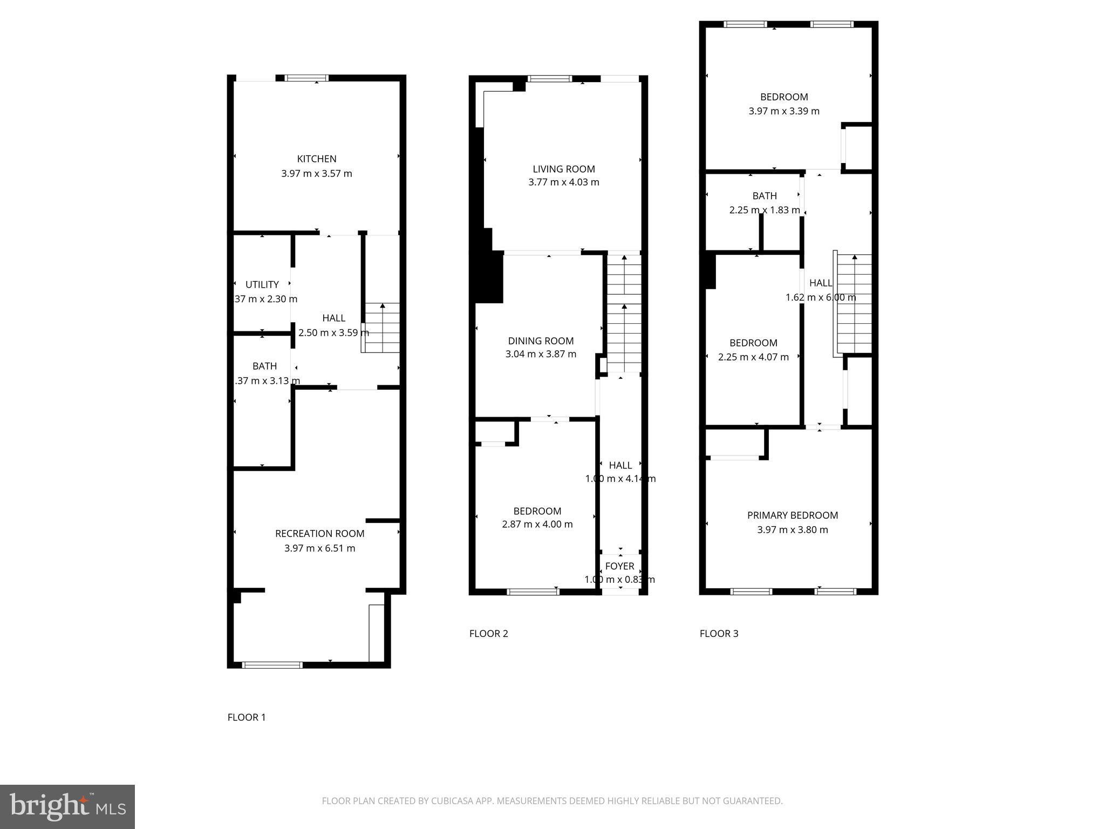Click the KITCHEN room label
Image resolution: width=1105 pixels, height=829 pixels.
pos(317,159)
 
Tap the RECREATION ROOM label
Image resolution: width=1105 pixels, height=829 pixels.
pos(319,533)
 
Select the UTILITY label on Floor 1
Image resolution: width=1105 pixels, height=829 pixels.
pos(262,284)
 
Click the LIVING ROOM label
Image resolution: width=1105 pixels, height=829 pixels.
pos(564,169)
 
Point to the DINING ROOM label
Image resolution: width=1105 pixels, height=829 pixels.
pos(541,341)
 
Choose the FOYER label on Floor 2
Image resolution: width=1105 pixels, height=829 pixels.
pos(619,566)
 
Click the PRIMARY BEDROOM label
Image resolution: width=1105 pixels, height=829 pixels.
pos(792,515)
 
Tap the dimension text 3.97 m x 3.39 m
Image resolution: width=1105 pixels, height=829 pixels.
pos(783,111)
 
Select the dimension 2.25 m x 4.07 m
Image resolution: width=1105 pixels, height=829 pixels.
pos(753,357)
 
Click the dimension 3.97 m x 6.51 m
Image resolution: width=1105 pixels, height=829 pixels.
pos(319,548)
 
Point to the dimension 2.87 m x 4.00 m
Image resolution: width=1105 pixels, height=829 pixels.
pos(537,524)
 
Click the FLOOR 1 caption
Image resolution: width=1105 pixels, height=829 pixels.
pos(247,717)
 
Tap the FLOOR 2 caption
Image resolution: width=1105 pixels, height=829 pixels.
pos(488,634)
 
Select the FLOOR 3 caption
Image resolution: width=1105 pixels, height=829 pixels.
pos(719,634)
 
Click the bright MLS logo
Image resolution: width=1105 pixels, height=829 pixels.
pos(67,807)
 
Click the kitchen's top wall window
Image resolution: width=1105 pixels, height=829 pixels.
pos(306,78)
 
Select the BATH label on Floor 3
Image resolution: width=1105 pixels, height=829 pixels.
pos(765,196)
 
